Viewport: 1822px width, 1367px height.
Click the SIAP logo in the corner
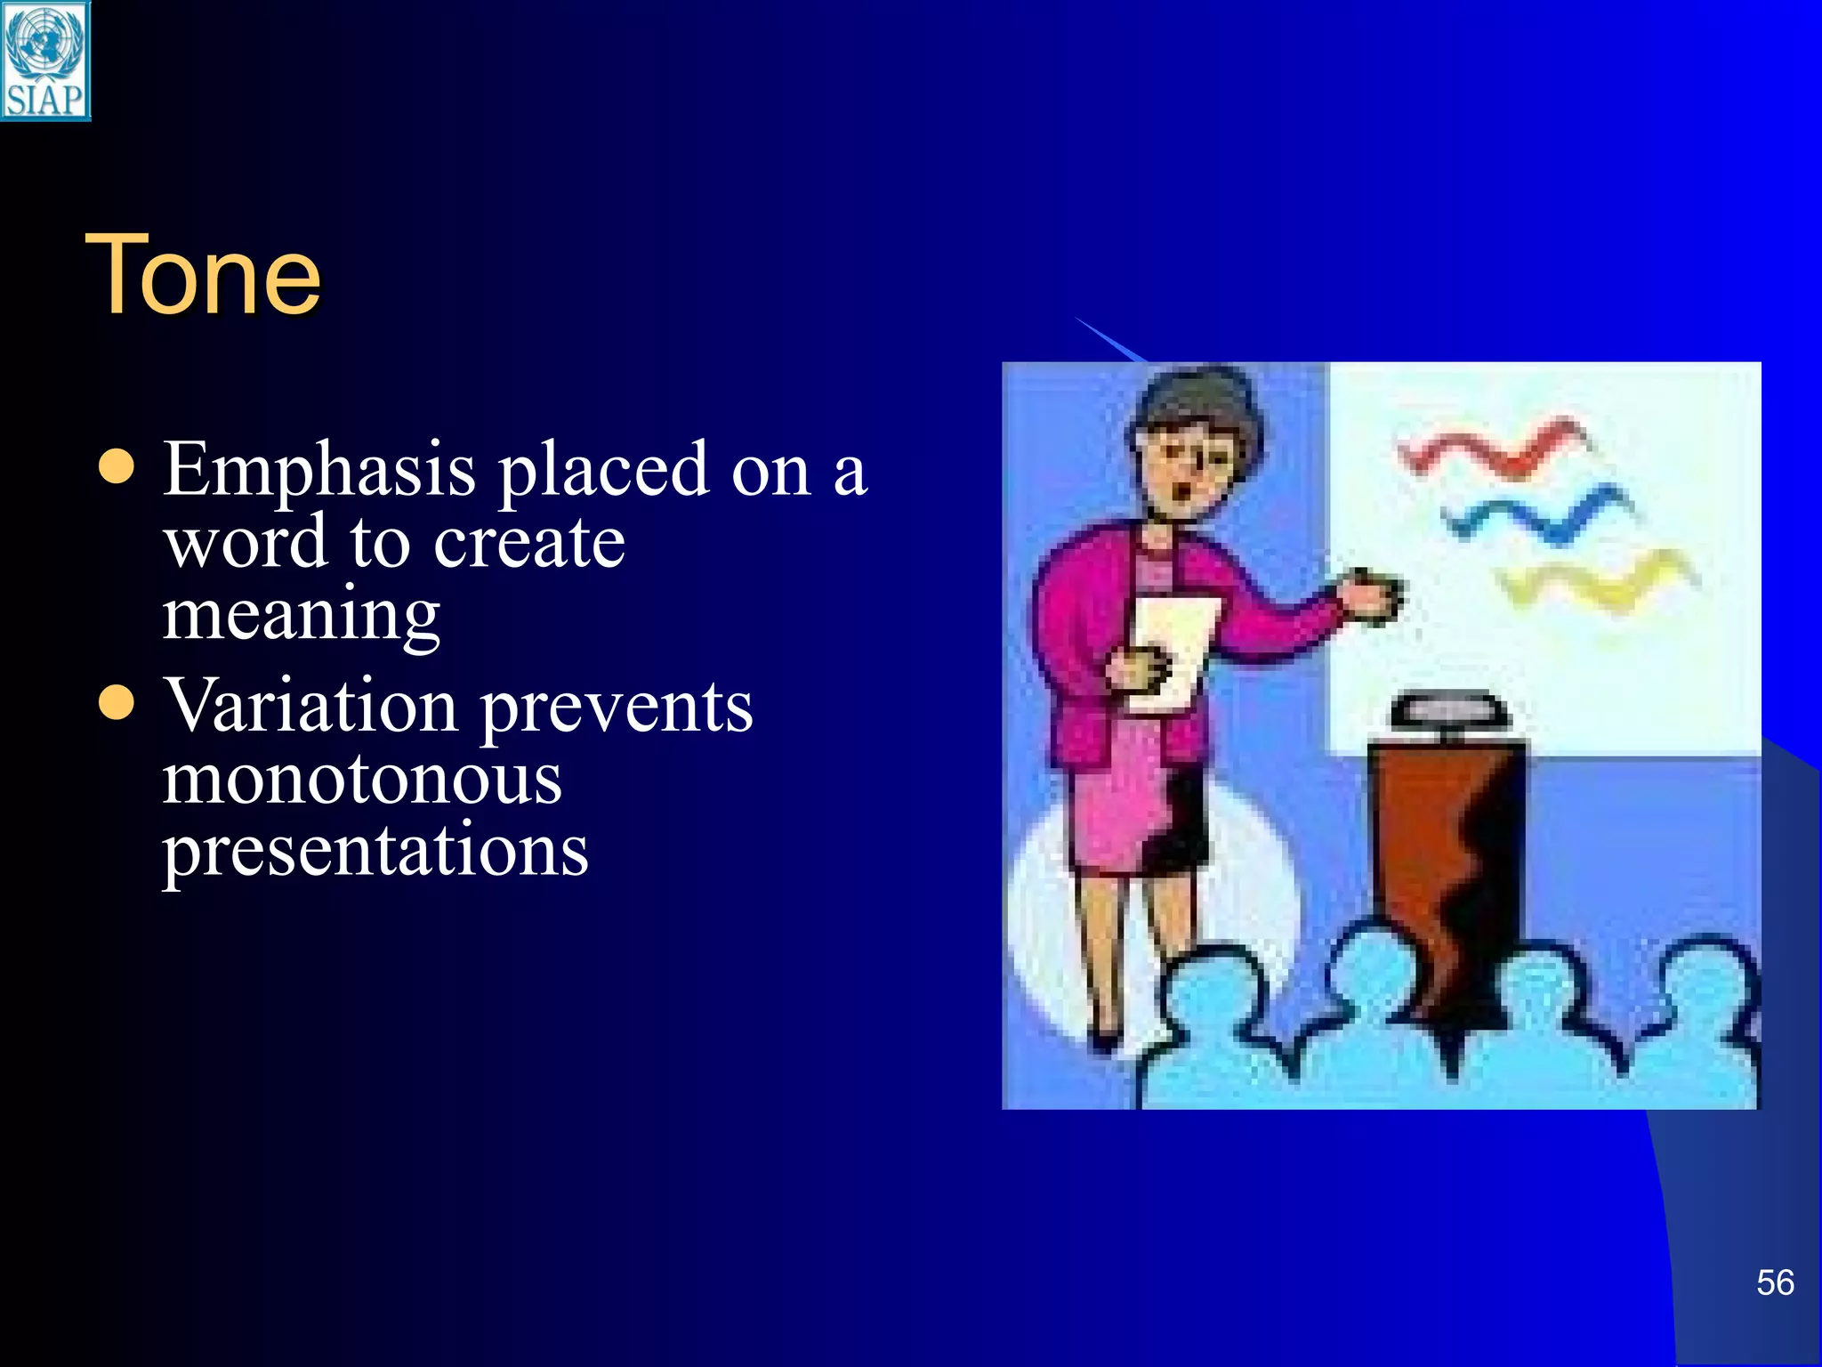coord(45,61)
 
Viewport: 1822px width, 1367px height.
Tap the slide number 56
coord(1774,1282)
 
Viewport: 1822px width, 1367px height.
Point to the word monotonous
coord(361,780)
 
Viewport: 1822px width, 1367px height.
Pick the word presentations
coord(375,851)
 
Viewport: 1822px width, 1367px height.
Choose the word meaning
coord(301,616)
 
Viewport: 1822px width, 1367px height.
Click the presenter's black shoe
coord(1106,1039)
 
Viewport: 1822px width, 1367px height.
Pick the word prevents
coord(617,708)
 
